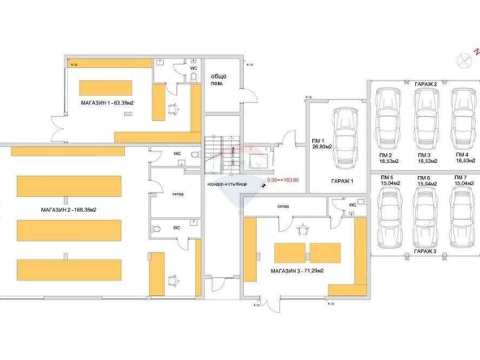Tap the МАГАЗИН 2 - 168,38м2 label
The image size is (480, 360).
click(69, 210)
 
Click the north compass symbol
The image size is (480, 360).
click(465, 58)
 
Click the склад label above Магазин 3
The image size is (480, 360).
click(282, 207)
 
